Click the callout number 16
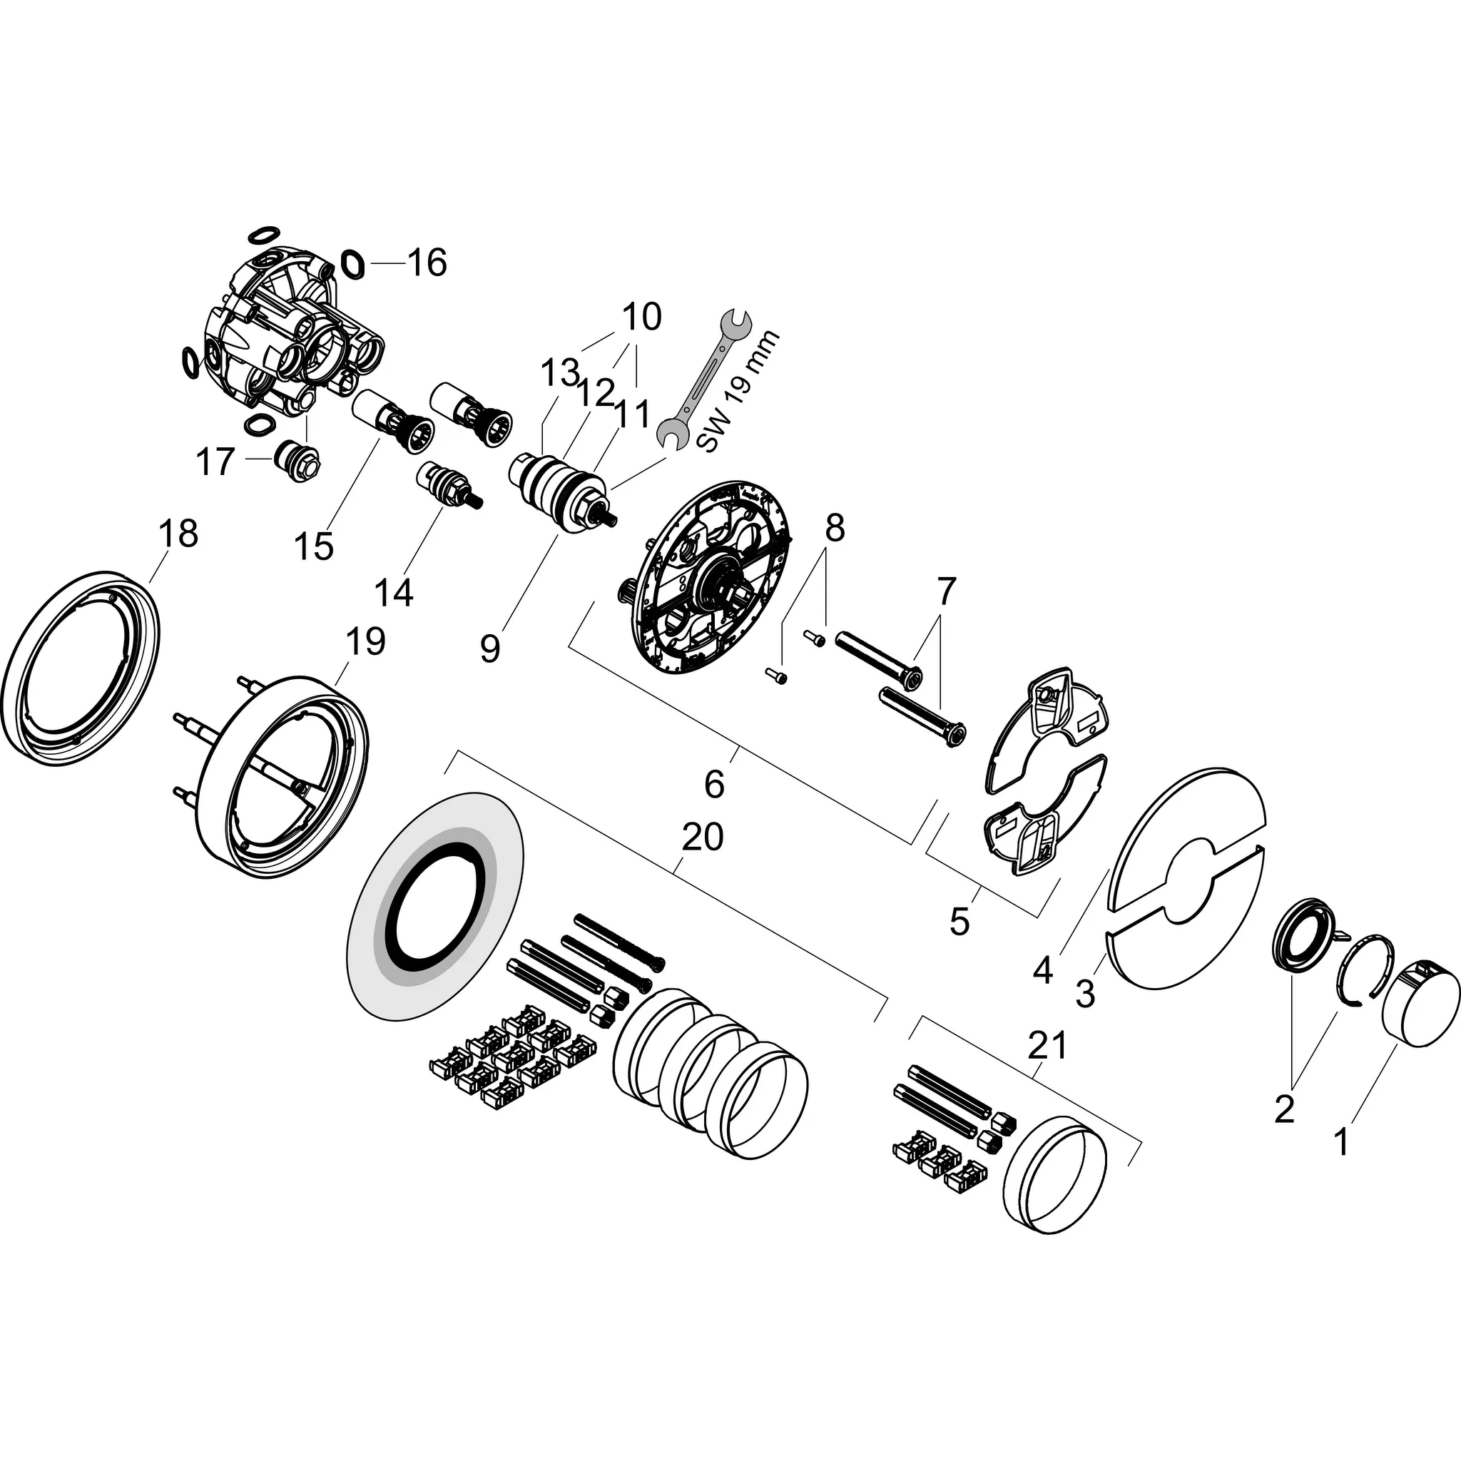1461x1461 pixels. [x=427, y=263]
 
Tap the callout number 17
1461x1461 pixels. [x=215, y=462]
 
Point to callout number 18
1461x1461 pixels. [x=178, y=534]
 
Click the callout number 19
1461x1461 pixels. [x=365, y=641]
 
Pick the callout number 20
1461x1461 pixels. [x=703, y=837]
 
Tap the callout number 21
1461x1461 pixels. [x=1047, y=1046]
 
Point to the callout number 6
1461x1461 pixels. [x=715, y=784]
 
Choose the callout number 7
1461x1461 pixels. [x=947, y=591]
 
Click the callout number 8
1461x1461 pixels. [x=834, y=529]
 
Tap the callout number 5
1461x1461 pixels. [x=959, y=922]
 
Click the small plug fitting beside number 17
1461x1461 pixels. [x=298, y=456]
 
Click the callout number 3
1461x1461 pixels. [x=1085, y=994]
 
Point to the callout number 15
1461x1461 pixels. [x=315, y=546]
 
